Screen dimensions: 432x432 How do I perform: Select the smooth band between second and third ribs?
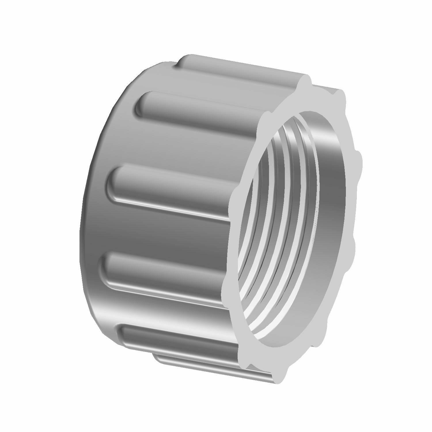pos(173,144)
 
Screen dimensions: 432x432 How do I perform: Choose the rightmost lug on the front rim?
pos(357,161)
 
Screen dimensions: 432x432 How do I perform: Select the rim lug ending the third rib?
pos(235,199)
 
